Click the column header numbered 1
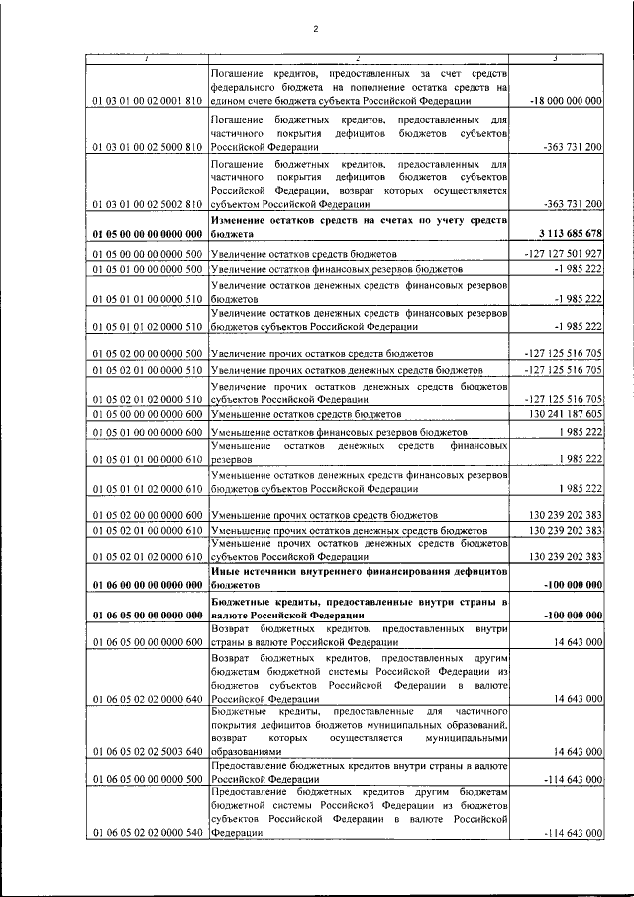click(x=147, y=58)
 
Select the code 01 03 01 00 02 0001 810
click(x=148, y=101)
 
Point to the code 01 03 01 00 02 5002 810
click(x=148, y=204)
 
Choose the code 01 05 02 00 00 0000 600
click(x=148, y=516)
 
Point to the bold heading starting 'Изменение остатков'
click(x=360, y=225)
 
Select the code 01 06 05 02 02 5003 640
click(x=148, y=752)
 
